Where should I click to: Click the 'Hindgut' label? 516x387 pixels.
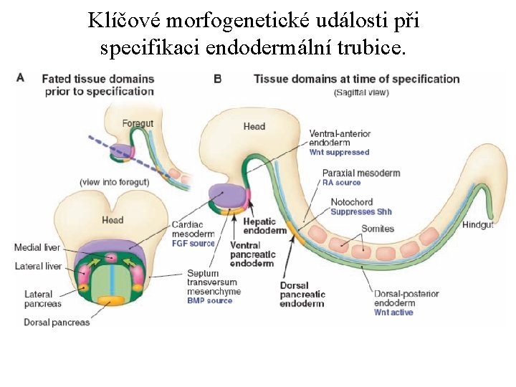click(x=477, y=224)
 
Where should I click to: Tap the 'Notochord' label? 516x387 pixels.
click(x=351, y=203)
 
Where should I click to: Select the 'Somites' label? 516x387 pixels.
click(x=377, y=229)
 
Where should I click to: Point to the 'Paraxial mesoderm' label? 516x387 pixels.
click(x=360, y=173)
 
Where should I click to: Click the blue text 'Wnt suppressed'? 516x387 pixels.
click(x=339, y=153)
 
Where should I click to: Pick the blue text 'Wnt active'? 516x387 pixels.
click(x=393, y=312)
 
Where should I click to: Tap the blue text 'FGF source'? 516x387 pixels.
click(x=193, y=244)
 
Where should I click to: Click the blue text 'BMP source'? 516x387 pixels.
click(x=209, y=301)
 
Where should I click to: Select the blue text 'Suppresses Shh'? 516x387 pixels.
click(x=361, y=212)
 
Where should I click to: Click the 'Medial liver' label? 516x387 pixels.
click(x=37, y=248)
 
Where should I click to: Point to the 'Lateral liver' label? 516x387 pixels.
click(x=37, y=267)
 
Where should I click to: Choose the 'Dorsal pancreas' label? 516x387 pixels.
click(x=57, y=322)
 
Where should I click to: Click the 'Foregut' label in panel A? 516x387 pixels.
click(x=138, y=123)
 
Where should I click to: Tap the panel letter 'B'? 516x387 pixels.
click(x=217, y=77)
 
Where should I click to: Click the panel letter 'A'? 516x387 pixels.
click(x=20, y=77)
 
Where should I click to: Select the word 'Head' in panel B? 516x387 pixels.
click(x=254, y=127)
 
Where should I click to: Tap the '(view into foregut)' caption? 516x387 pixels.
click(x=114, y=182)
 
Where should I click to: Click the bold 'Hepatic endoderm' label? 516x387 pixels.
click(x=265, y=226)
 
